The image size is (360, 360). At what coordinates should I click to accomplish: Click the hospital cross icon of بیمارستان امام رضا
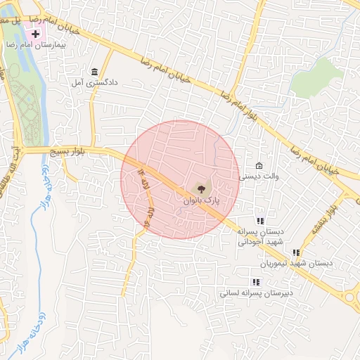coord(36,33)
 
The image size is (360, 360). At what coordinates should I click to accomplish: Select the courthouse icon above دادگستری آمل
coord(94,72)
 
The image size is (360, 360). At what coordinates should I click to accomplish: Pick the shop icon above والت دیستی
coord(259,165)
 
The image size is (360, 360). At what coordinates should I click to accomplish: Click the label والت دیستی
coord(259,176)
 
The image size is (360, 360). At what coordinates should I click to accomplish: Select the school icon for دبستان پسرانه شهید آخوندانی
coord(259,221)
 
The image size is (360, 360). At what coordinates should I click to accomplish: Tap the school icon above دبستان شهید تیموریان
coord(296,252)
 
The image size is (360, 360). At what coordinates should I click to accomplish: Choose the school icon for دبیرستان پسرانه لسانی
coord(255,281)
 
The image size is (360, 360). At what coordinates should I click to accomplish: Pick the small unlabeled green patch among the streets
coord(316,78)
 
